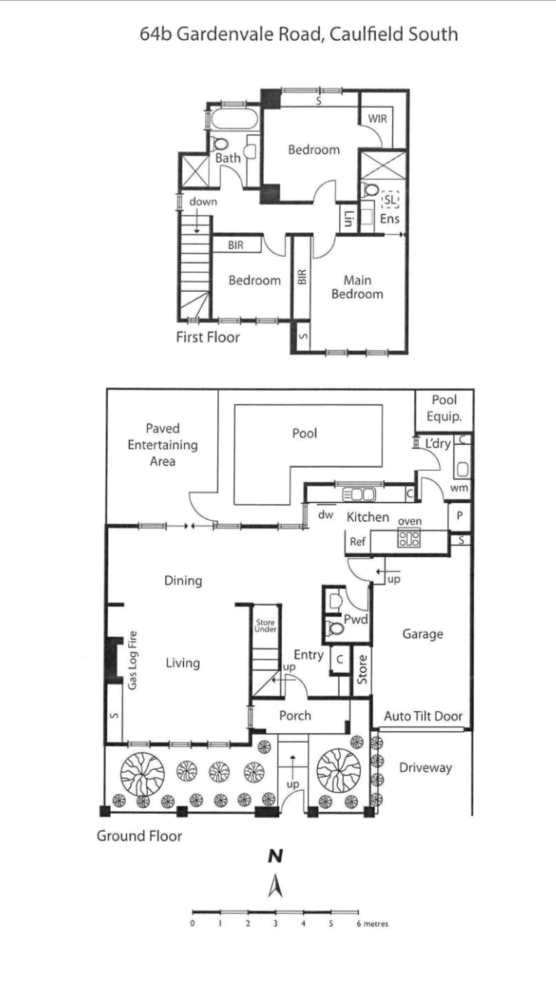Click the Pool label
(x=304, y=433)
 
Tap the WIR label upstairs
(x=377, y=118)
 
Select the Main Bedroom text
(x=357, y=287)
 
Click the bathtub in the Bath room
(x=234, y=119)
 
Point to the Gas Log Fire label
(x=133, y=660)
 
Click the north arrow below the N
(x=275, y=886)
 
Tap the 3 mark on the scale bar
(x=275, y=924)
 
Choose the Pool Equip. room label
(x=444, y=408)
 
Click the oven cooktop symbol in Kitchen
(x=409, y=539)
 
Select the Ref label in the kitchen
(x=357, y=541)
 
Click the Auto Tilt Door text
(x=423, y=716)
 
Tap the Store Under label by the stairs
(x=266, y=625)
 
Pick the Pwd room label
(x=355, y=619)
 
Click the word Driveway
(x=425, y=768)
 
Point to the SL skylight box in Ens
(x=390, y=200)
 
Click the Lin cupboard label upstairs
(x=349, y=219)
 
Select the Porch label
(x=295, y=715)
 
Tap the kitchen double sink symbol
(x=359, y=494)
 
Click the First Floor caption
(x=207, y=337)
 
